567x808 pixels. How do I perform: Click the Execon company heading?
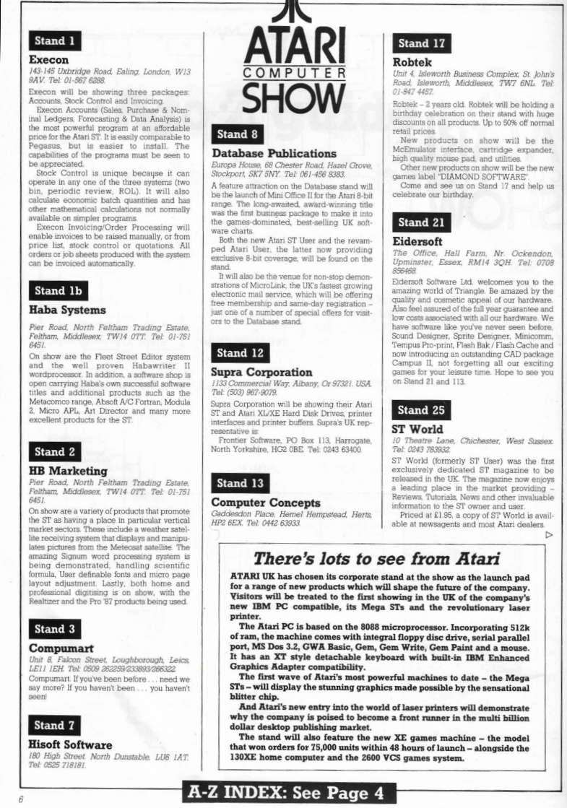pos(53,60)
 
